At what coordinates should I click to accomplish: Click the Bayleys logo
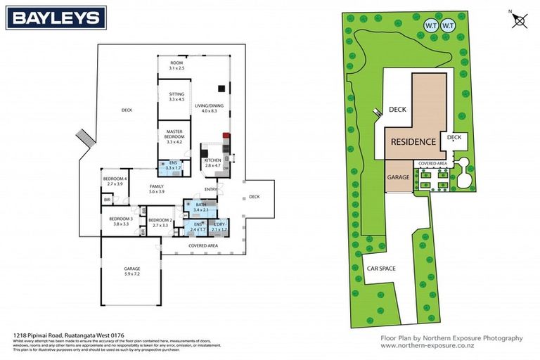click(56, 18)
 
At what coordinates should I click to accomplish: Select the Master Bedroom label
click(174, 136)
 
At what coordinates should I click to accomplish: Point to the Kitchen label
click(212, 163)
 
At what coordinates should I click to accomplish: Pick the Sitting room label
click(176, 96)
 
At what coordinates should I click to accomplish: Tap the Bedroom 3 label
click(120, 221)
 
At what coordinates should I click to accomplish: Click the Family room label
click(156, 188)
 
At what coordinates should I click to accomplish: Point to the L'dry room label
click(220, 226)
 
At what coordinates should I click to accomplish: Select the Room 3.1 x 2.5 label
click(176, 65)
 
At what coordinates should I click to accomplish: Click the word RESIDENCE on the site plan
click(413, 141)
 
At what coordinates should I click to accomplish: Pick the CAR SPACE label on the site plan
click(381, 268)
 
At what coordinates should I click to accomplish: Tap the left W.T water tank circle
click(430, 26)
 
